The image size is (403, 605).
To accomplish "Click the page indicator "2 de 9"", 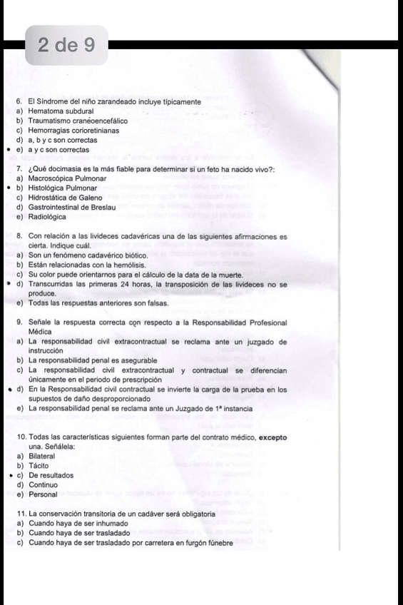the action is (x=68, y=46).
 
